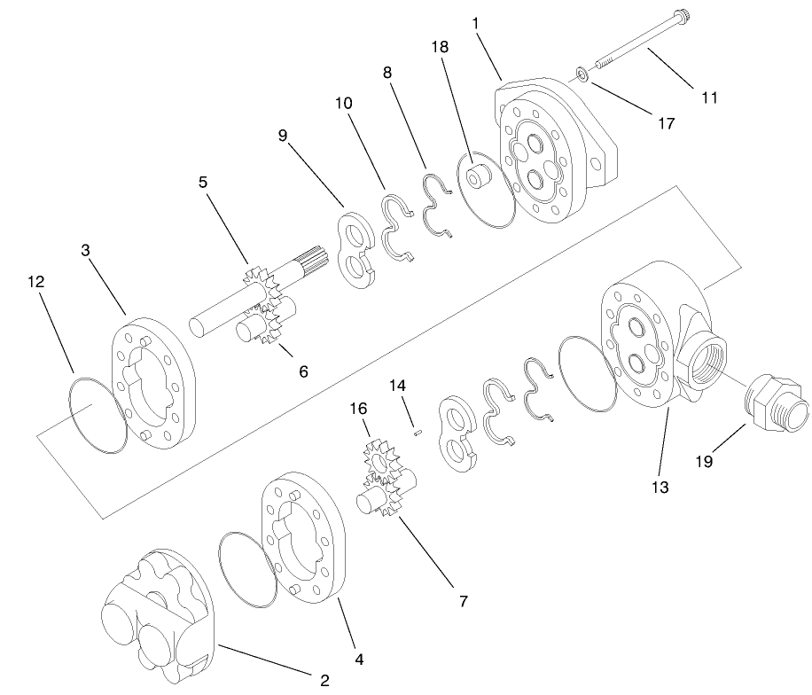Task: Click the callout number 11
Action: [x=709, y=98]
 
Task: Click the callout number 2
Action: [x=324, y=680]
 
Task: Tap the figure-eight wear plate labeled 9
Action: [x=361, y=250]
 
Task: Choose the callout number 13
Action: [x=660, y=487]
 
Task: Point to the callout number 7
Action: [x=462, y=600]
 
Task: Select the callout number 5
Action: [x=203, y=182]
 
